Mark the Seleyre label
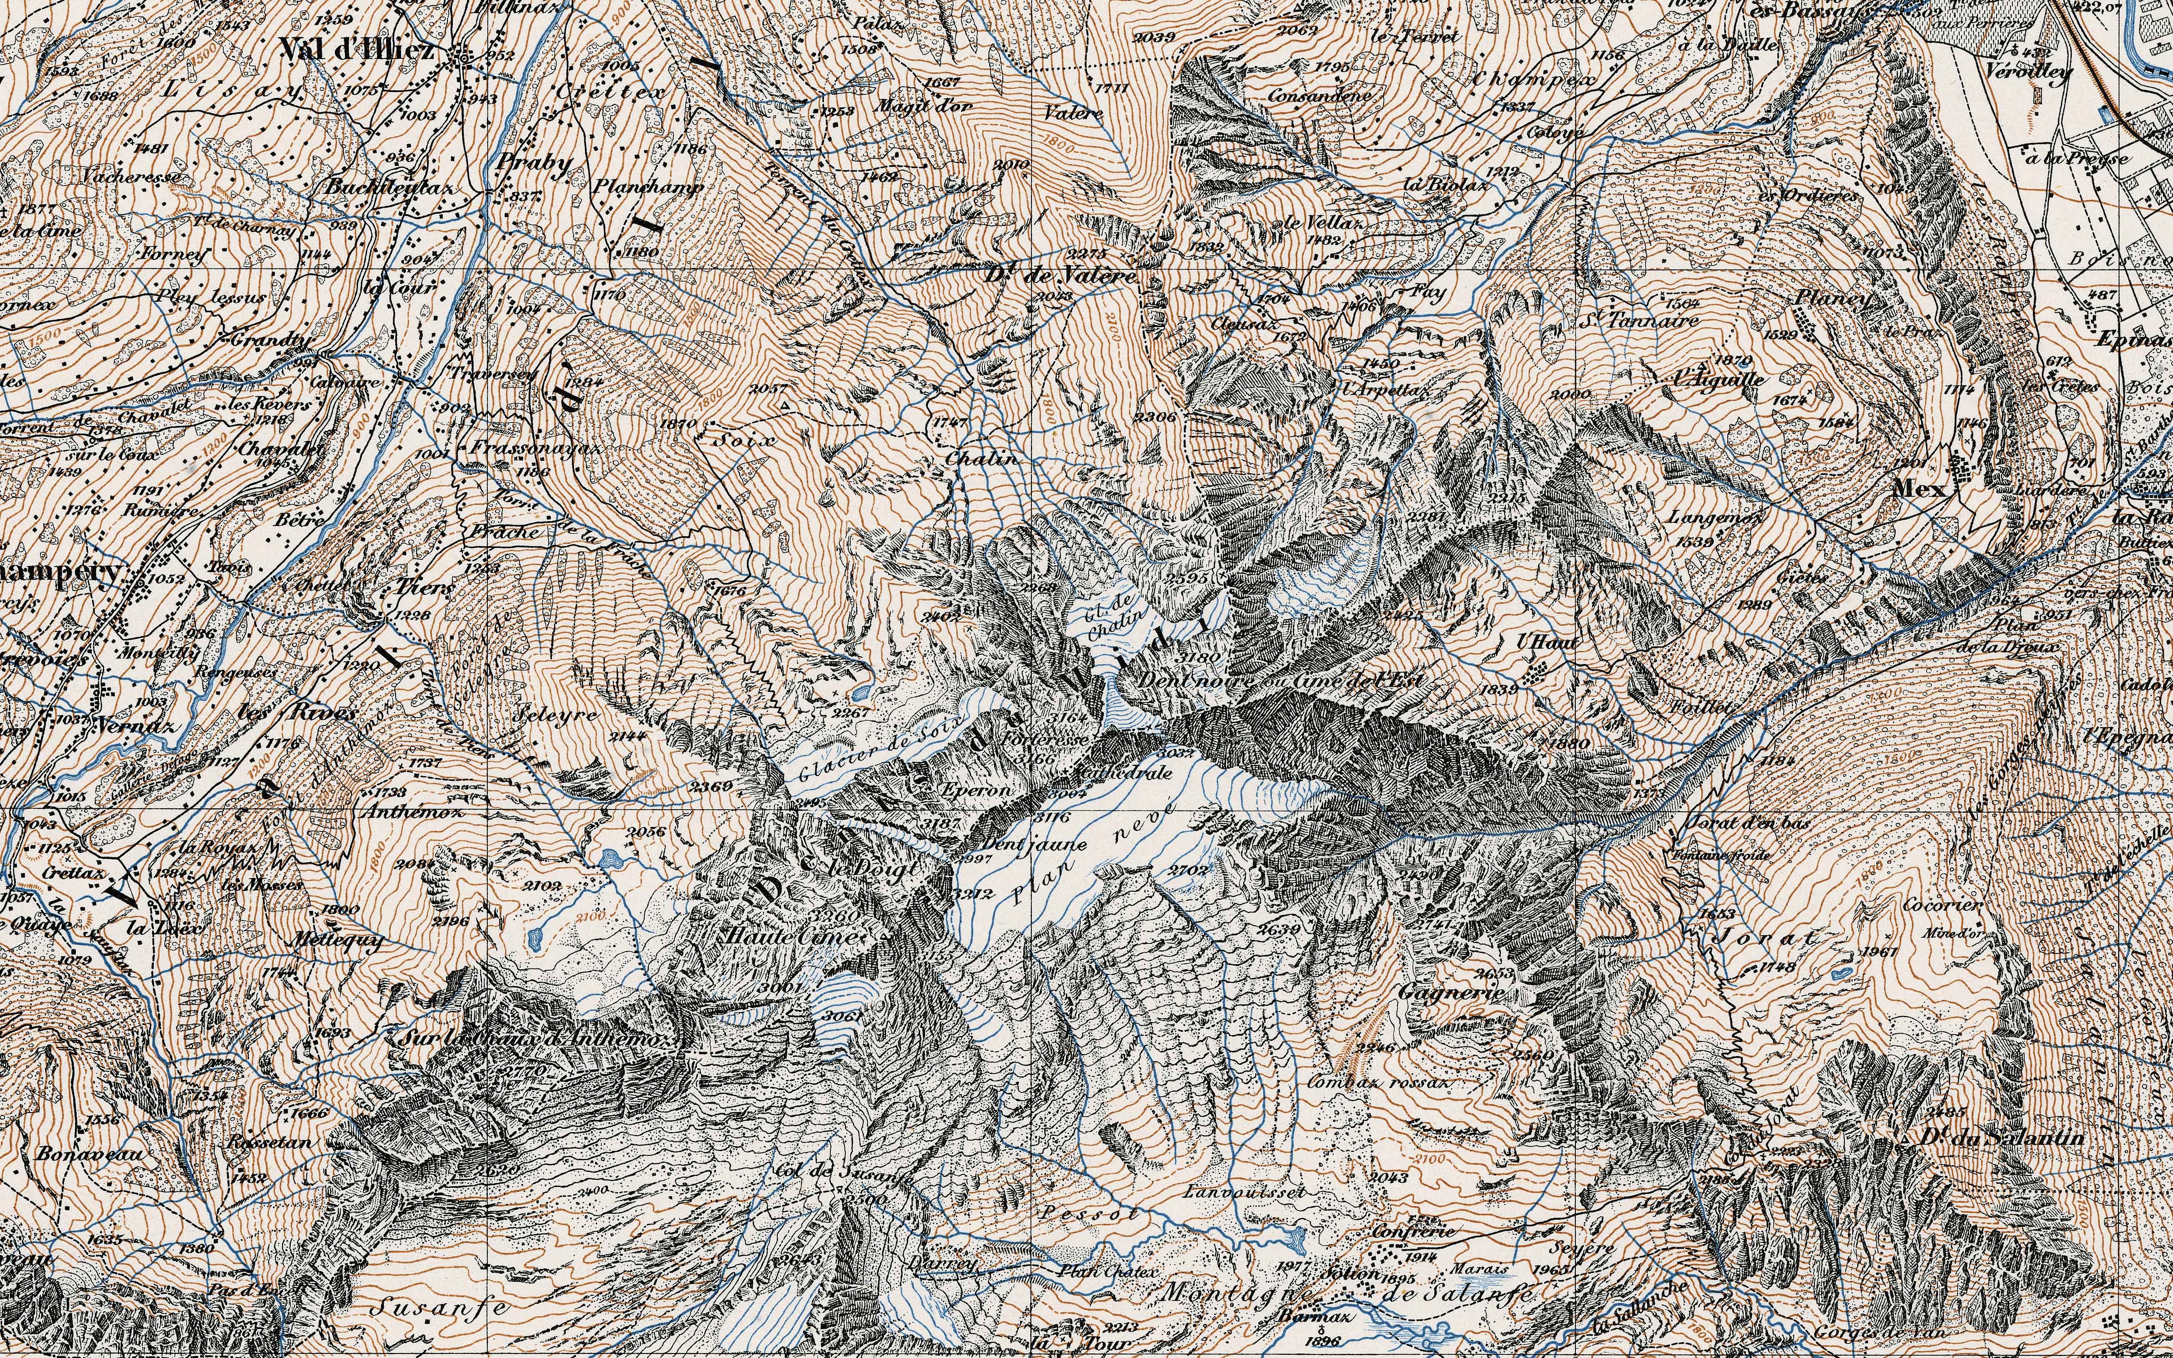point(559,717)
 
